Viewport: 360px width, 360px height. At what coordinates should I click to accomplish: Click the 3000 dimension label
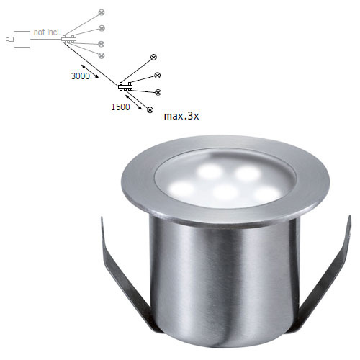80,76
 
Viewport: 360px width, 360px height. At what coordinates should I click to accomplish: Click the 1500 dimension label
120,107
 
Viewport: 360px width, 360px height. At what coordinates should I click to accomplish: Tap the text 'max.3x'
181,116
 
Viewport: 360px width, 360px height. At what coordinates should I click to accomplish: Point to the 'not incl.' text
48,32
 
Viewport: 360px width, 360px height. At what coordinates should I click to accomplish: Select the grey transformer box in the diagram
22,39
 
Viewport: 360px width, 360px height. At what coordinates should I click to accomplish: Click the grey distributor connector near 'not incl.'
68,39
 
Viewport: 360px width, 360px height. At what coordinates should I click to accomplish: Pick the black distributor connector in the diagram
125,86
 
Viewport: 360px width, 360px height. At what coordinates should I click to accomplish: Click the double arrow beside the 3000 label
90,71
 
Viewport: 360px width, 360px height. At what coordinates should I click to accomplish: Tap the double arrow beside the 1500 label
134,102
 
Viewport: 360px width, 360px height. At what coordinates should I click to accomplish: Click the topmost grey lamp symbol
102,12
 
